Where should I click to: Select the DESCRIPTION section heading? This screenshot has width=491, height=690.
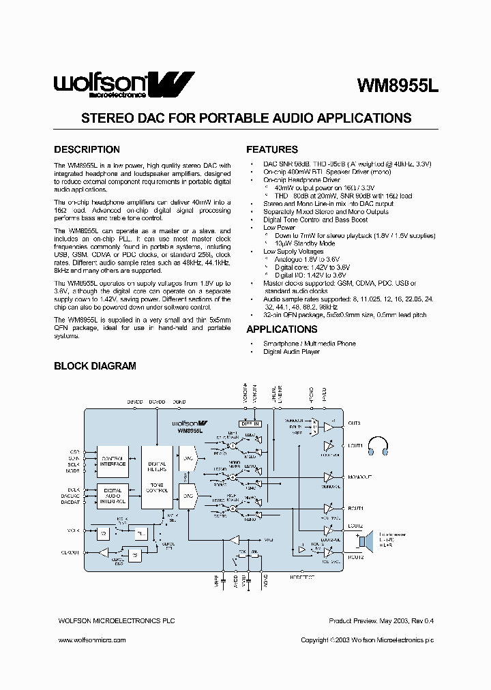coord(87,149)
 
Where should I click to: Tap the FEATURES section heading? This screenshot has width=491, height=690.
coord(271,149)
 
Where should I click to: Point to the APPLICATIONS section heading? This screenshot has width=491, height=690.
coord(282,329)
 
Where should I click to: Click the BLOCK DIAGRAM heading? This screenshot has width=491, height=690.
coord(95,366)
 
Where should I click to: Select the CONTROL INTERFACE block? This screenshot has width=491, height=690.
coord(113,461)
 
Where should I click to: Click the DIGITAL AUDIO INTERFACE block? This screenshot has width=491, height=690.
coord(113,495)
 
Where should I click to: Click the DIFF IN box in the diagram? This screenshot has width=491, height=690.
coord(250,423)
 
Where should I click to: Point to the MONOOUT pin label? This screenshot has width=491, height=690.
coord(359,477)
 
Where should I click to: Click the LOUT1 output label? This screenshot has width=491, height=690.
coord(355,445)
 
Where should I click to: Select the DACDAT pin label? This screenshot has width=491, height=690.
coord(71,502)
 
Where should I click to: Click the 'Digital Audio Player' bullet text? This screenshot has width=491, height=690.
coord(291,352)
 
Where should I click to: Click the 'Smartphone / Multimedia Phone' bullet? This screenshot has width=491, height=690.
coord(309,344)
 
